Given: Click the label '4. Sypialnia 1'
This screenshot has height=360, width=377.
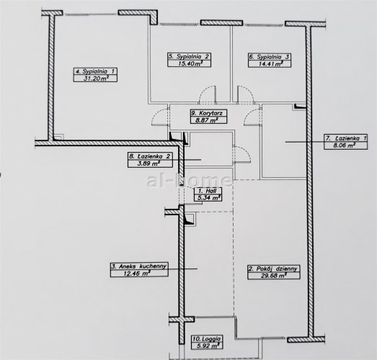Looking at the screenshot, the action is click(95, 71).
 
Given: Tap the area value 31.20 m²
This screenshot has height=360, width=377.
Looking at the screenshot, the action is click(96, 78).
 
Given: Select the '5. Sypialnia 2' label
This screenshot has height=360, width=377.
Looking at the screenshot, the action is click(189, 57).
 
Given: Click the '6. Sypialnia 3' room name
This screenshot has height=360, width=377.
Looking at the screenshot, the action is click(270, 57).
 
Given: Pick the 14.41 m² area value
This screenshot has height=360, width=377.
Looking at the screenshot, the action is click(270, 64).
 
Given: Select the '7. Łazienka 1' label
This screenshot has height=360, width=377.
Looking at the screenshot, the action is click(346, 138).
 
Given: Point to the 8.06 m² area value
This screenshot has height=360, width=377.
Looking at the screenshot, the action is click(345, 145).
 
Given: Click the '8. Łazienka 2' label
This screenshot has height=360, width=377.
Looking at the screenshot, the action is click(149, 156).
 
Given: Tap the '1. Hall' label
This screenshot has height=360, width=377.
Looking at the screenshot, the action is click(208, 191).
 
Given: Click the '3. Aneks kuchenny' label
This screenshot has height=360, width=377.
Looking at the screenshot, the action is click(139, 266).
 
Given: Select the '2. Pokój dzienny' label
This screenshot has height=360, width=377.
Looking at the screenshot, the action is click(273, 269).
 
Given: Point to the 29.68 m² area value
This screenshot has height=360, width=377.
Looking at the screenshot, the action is click(274, 276).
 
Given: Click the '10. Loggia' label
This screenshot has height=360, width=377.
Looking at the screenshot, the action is click(207, 339).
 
